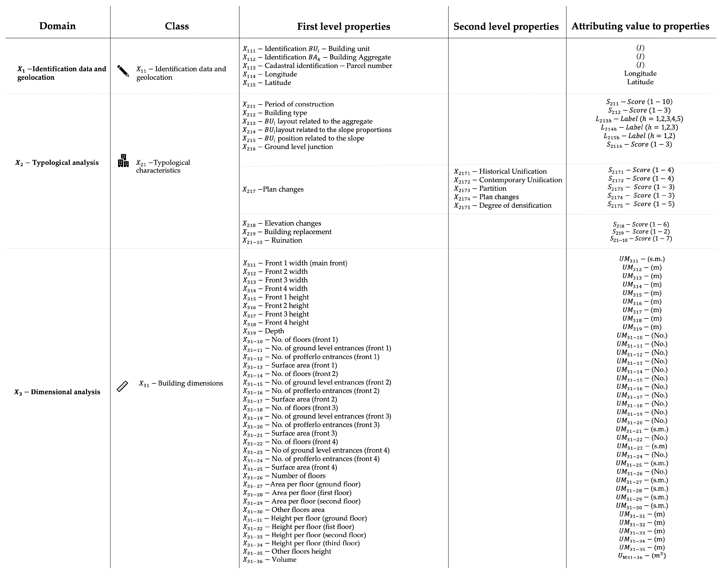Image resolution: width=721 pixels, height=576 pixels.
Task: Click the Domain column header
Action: pyautogui.click(x=58, y=26)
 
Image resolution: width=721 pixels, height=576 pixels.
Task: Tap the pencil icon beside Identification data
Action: pyautogui.click(x=123, y=71)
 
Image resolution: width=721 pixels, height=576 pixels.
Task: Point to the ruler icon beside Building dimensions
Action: pyautogui.click(x=122, y=386)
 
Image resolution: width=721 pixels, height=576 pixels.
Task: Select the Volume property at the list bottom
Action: pyautogui.click(x=269, y=560)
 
